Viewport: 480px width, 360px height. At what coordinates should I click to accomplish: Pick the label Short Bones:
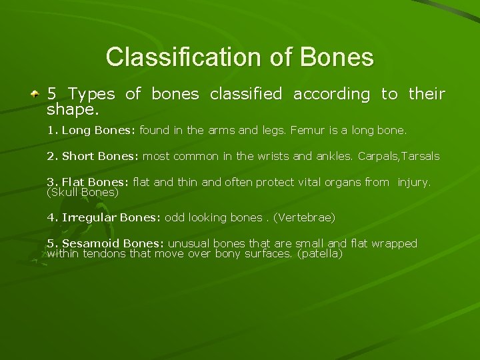click(100, 157)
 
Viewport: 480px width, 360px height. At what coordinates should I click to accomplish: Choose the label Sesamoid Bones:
click(113, 243)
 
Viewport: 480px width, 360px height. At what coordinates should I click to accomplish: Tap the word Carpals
click(377, 157)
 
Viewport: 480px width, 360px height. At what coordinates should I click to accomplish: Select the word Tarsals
click(421, 157)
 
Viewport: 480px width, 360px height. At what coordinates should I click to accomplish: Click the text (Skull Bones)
click(83, 192)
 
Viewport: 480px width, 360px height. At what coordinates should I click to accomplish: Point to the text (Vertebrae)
click(301, 217)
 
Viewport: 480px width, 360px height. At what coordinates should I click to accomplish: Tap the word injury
click(414, 182)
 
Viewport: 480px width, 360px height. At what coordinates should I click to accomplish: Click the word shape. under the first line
click(73, 108)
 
